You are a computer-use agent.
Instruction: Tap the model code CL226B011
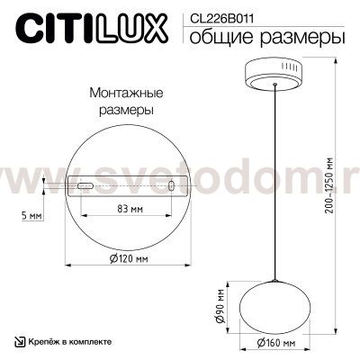pyautogui.click(x=218, y=15)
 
